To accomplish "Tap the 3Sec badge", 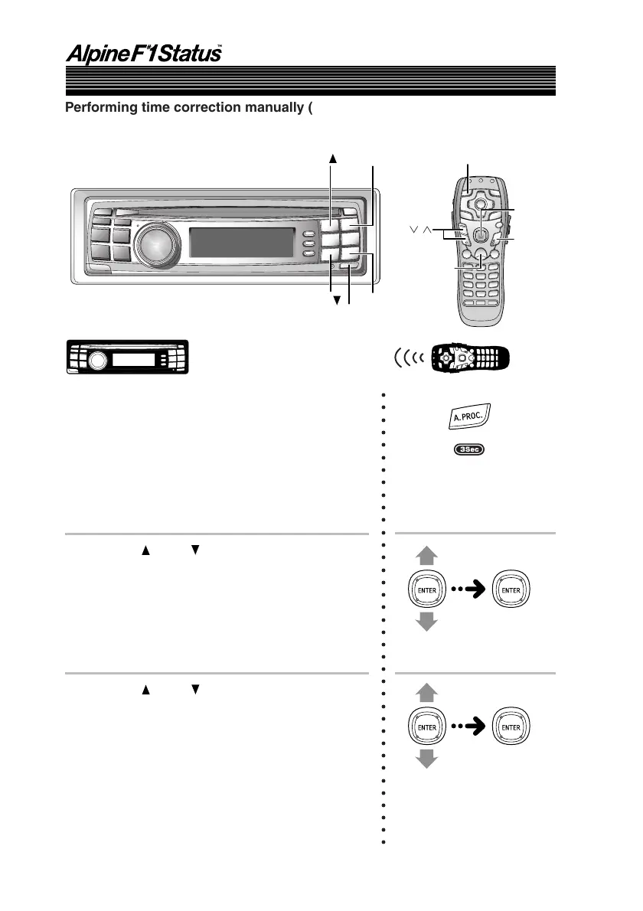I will click(x=468, y=449).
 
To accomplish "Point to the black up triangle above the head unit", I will click(x=333, y=156).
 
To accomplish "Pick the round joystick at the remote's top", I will click(x=480, y=204).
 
